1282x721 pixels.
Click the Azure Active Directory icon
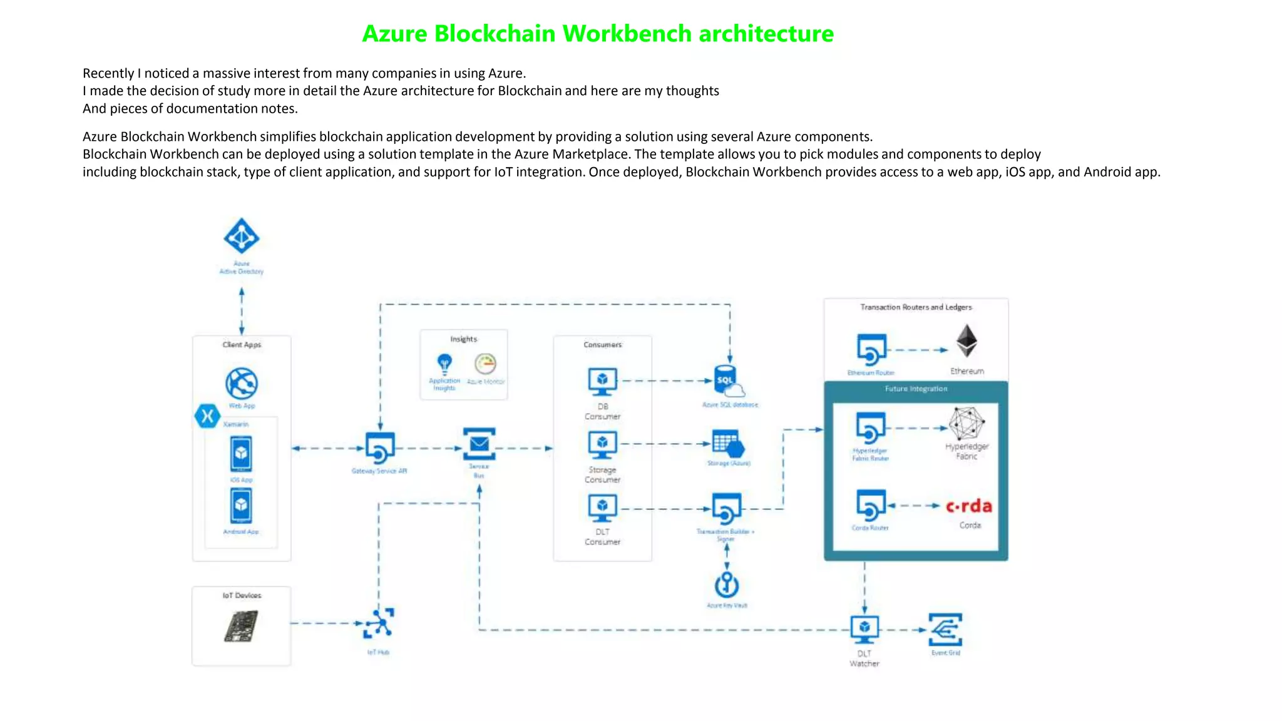pyautogui.click(x=242, y=237)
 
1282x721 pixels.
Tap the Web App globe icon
pyautogui.click(x=242, y=383)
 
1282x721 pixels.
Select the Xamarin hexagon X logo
pyautogui.click(x=207, y=416)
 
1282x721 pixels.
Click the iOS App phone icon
pyautogui.click(x=241, y=454)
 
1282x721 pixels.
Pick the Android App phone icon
pyautogui.click(x=241, y=505)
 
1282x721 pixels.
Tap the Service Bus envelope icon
pyautogui.click(x=479, y=444)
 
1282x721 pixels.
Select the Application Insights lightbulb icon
pyautogui.click(x=444, y=364)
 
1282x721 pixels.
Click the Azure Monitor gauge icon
pyautogui.click(x=485, y=364)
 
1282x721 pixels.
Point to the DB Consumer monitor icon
pyautogui.click(x=602, y=381)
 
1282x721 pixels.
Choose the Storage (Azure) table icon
pyautogui.click(x=728, y=444)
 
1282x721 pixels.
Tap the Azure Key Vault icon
pyautogui.click(x=727, y=585)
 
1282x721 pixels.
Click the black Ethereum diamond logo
pyautogui.click(x=967, y=341)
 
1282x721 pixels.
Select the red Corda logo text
pyautogui.click(x=968, y=506)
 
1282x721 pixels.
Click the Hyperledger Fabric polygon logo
pyautogui.click(x=967, y=424)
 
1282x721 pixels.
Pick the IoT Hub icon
pyautogui.click(x=379, y=623)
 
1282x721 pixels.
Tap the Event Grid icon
pyautogui.click(x=945, y=630)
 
